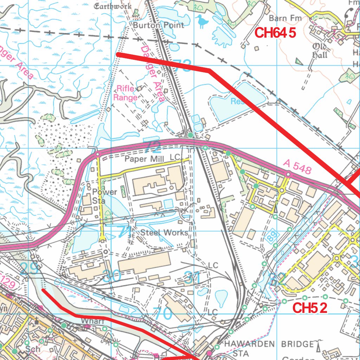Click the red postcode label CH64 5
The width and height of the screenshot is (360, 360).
[x=275, y=33]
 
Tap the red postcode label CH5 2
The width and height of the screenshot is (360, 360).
[x=310, y=308]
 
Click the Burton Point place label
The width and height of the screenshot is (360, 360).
[x=159, y=25]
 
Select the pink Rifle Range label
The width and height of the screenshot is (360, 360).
[x=127, y=93]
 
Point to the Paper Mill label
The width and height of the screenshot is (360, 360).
[x=144, y=159]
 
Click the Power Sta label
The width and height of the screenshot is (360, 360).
[x=105, y=196]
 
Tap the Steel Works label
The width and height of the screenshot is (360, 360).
[x=164, y=232]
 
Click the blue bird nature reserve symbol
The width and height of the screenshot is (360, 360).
[x=202, y=21]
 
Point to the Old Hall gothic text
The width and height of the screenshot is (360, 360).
[x=320, y=51]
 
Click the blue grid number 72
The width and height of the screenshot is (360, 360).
[x=152, y=146]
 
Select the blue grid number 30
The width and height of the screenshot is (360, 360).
[x=112, y=276]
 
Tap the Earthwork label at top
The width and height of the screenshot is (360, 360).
[x=113, y=6]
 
